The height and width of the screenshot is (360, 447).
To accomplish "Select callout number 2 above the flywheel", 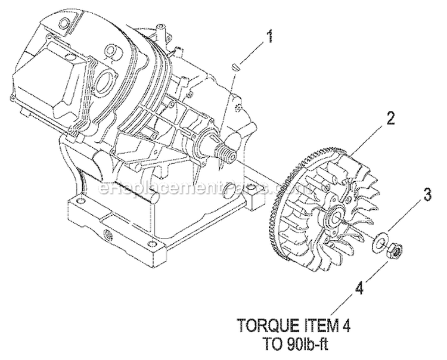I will click(390, 118).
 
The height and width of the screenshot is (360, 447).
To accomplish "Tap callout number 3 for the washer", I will click(426, 194).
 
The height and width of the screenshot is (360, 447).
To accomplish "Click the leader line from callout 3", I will click(405, 218).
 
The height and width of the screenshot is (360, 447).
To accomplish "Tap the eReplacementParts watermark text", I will click(197, 190).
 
